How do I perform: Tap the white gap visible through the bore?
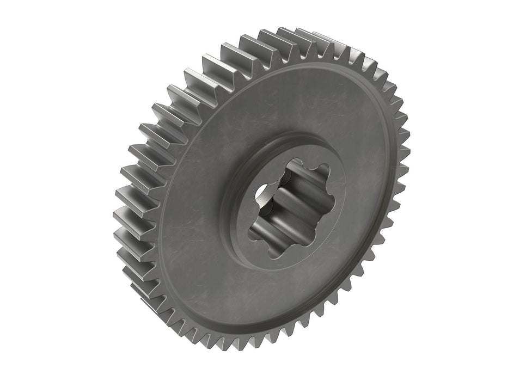(x=260, y=191)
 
